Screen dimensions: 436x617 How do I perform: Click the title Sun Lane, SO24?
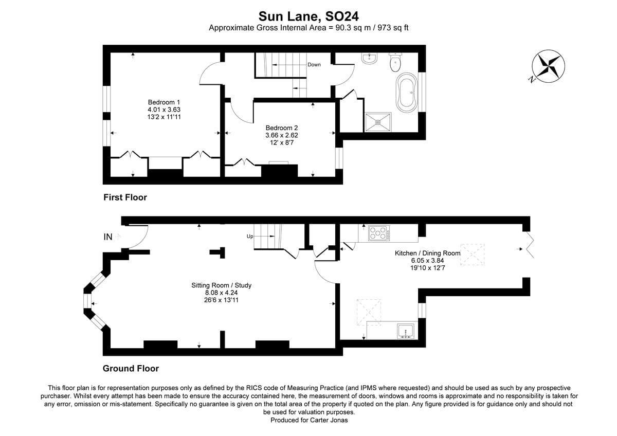308,16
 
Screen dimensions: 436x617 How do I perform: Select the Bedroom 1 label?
164,102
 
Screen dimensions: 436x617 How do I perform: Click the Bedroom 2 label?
281,128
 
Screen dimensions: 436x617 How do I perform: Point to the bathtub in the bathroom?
407,93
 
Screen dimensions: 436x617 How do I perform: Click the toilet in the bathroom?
395,63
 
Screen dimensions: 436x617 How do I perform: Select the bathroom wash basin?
369,59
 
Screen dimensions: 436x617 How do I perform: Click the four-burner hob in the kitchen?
379,233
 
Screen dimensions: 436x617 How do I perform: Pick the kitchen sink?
406,331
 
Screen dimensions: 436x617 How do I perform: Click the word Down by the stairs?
314,65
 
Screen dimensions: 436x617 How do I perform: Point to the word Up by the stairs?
250,237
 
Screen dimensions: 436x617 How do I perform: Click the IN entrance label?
108,237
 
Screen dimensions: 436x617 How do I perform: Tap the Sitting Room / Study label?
221,285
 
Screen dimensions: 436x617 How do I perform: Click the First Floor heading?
125,197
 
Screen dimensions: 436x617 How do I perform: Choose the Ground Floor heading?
131,368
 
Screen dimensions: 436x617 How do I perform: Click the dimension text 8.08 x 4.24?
221,293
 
